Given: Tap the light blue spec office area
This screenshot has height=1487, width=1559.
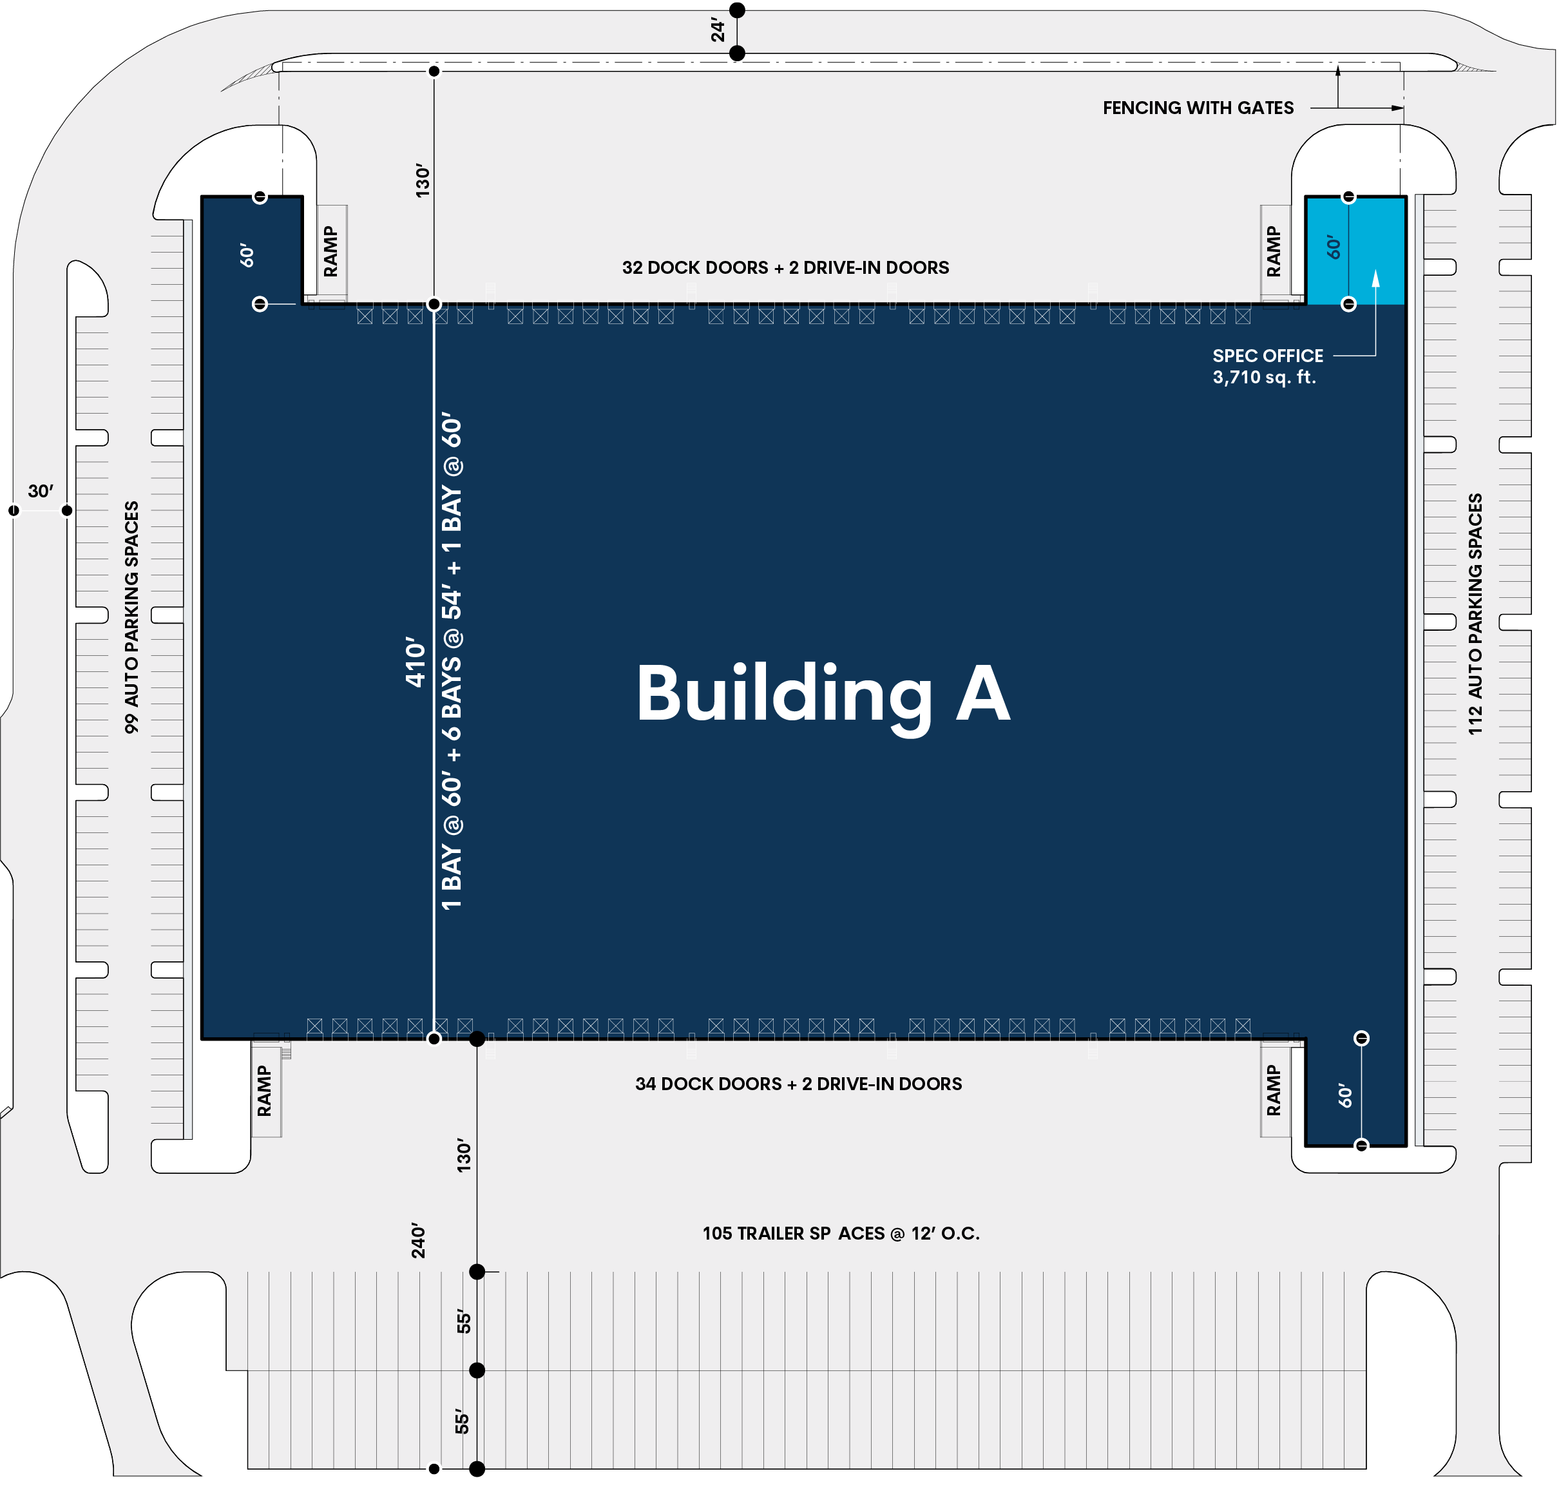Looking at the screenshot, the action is click(1355, 251).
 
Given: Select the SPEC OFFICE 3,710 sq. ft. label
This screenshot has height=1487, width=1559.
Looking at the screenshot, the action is click(1267, 366).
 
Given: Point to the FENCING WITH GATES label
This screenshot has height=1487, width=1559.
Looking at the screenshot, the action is click(1198, 108).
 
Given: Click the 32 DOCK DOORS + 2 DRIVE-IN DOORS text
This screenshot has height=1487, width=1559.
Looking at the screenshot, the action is click(785, 268).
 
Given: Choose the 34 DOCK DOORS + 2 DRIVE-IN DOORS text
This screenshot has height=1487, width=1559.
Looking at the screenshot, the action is click(798, 1084).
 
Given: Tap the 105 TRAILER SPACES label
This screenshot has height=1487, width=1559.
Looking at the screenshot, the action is click(841, 1233).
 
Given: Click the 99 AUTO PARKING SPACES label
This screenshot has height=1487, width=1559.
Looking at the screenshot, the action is click(131, 617).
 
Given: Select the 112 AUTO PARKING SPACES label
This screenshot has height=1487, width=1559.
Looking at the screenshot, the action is click(1475, 614).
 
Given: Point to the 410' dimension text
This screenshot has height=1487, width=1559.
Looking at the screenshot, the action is click(416, 662).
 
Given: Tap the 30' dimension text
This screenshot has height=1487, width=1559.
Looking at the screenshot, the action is click(41, 492).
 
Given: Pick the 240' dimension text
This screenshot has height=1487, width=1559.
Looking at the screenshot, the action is click(419, 1240).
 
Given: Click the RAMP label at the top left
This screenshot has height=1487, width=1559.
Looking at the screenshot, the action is click(330, 251).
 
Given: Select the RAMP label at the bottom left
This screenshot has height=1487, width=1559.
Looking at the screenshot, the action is click(264, 1091).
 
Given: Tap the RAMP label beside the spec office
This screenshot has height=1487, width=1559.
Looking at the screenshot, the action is click(1273, 251).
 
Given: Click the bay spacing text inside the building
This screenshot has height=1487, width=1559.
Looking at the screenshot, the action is click(452, 661).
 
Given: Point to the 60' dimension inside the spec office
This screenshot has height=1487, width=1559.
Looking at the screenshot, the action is click(1334, 247).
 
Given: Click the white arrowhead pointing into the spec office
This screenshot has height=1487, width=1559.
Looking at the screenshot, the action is click(1375, 278).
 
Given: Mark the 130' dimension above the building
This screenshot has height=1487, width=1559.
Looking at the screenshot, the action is click(423, 181).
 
